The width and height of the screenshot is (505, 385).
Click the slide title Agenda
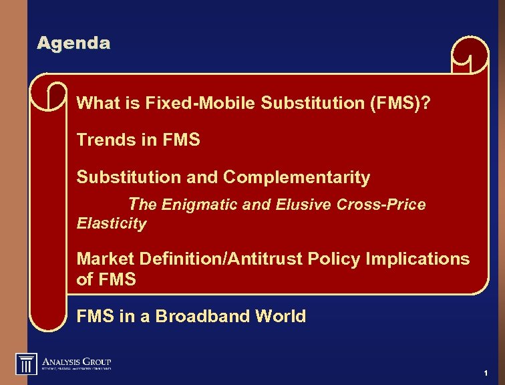click(73, 43)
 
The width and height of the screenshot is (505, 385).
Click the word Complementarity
click(296, 177)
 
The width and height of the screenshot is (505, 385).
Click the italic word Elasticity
click(111, 223)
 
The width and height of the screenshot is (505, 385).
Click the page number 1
click(486, 372)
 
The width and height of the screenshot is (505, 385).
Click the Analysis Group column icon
click(26, 363)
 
